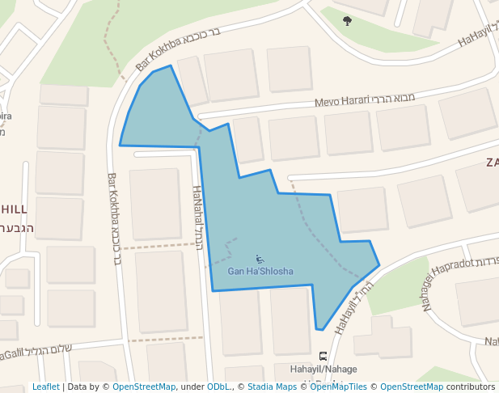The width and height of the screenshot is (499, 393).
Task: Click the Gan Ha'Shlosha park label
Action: [x=260, y=271]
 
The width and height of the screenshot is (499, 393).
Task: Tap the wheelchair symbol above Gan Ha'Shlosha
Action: [x=260, y=259]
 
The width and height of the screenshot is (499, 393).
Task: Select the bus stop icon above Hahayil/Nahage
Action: [x=324, y=356]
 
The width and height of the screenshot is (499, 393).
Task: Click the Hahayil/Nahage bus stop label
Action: [x=323, y=370]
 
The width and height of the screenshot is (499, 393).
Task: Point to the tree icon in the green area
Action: [x=348, y=21]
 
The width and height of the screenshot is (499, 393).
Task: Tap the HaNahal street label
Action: [x=197, y=217]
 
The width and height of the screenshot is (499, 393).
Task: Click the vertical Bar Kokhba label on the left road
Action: [x=114, y=218]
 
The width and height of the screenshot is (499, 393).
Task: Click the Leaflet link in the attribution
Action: [x=45, y=387]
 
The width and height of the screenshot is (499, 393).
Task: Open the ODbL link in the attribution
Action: [x=219, y=387]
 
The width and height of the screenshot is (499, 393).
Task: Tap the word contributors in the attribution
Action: [x=471, y=387]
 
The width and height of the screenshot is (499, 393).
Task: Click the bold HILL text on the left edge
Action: [x=14, y=208]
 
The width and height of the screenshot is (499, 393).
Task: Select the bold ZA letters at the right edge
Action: [x=492, y=163]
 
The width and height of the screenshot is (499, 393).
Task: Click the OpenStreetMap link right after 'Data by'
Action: [x=144, y=387]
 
